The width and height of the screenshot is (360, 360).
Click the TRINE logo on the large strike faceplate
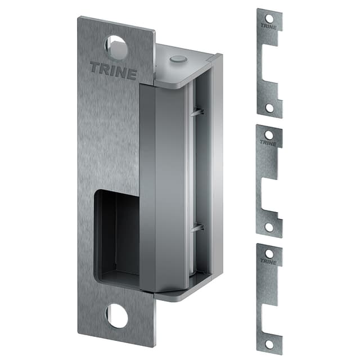coord(113,71)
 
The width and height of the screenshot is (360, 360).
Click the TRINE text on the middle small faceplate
coord(269,142)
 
